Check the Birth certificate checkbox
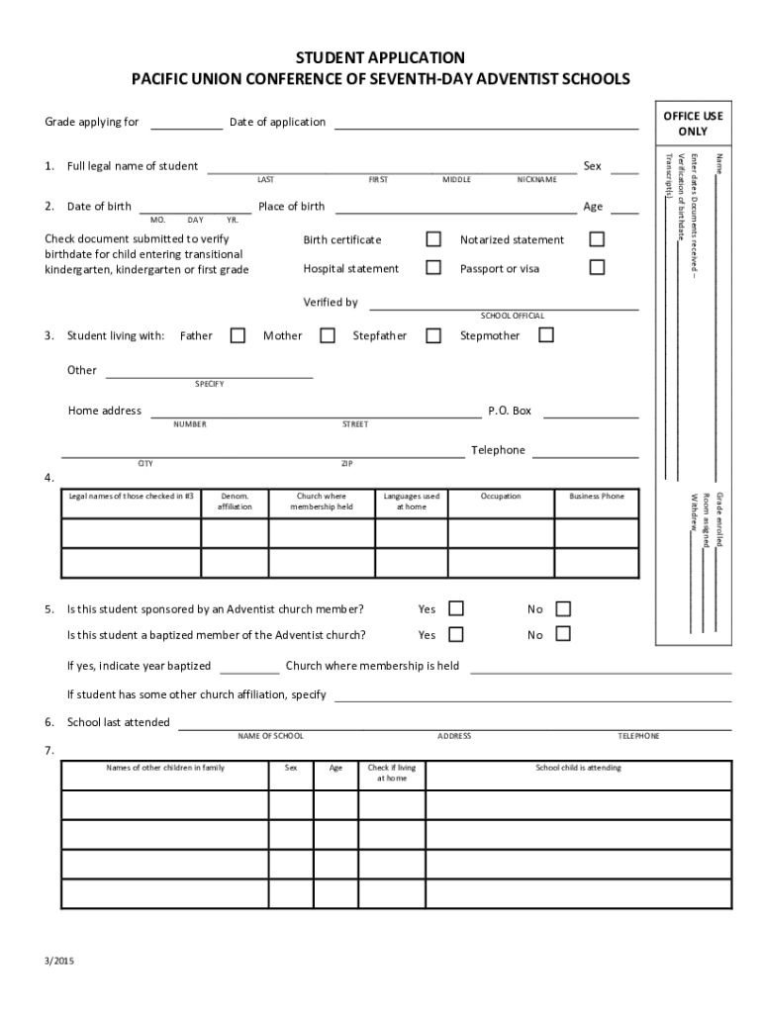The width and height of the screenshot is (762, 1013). click(433, 239)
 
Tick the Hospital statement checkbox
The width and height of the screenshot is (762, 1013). click(433, 267)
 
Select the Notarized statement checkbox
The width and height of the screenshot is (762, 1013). click(597, 239)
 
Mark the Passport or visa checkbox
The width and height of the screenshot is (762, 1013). click(597, 267)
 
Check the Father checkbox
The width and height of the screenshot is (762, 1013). click(238, 335)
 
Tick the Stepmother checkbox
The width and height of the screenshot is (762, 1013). click(545, 335)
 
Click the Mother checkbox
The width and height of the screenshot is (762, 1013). click(328, 335)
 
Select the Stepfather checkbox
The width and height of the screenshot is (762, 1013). click(433, 335)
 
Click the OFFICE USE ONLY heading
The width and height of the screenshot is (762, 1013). click(693, 124)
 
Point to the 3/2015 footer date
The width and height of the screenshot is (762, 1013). click(58, 960)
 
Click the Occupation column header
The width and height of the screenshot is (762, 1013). click(501, 496)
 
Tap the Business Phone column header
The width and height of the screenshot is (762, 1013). click(597, 496)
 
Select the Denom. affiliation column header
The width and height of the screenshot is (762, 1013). click(235, 501)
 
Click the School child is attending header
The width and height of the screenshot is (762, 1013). click(579, 768)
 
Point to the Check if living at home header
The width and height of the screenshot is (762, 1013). click(392, 773)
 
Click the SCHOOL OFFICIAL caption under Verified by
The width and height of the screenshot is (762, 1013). click(512, 316)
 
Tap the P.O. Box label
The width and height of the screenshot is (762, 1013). click(510, 411)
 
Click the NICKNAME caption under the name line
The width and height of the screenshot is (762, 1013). click(536, 180)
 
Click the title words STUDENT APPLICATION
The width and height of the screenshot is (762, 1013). click(381, 58)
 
